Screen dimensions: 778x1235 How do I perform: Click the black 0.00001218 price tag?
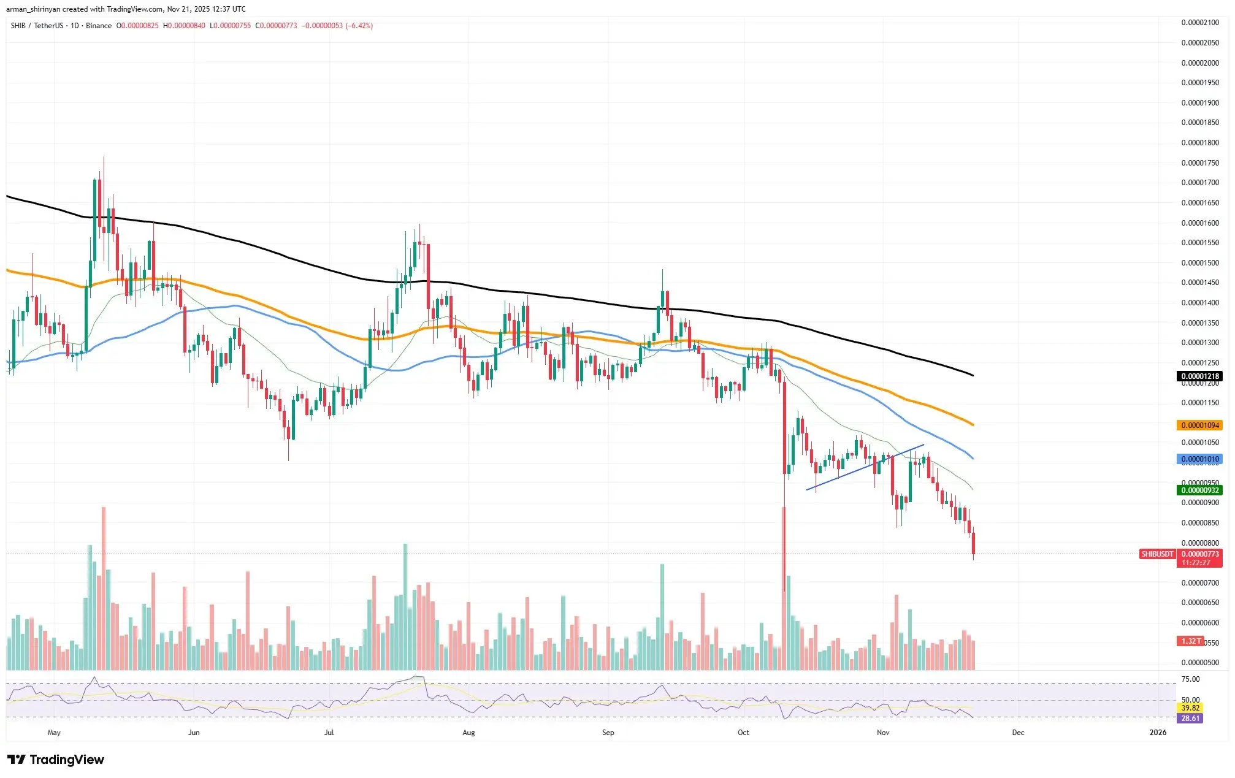tap(1199, 376)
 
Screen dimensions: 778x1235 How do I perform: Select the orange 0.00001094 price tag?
tap(1199, 425)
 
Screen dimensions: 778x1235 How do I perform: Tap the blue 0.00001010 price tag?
tap(1199, 459)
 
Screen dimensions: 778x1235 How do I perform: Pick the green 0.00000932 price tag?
tap(1199, 490)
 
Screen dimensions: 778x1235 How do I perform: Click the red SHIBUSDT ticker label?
tap(1157, 554)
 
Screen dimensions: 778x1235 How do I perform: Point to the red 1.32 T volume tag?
tap(1191, 641)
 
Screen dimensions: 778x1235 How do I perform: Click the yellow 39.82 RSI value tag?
tap(1190, 708)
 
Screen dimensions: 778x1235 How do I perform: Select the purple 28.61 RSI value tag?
tap(1190, 719)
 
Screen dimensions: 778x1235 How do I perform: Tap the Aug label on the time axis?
tap(468, 733)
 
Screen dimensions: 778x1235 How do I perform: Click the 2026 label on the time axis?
tap(1158, 733)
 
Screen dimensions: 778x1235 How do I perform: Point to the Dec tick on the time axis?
tap(1018, 733)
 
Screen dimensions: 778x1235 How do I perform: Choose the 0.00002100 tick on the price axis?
tap(1200, 23)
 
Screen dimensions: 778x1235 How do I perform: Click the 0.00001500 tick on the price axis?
tap(1200, 263)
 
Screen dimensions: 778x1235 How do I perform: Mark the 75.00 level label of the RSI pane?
tap(1191, 679)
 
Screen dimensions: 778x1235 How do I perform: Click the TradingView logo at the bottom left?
tap(56, 760)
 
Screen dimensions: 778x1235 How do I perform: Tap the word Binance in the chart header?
tap(99, 26)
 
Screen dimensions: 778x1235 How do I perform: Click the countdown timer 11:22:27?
tap(1196, 563)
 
